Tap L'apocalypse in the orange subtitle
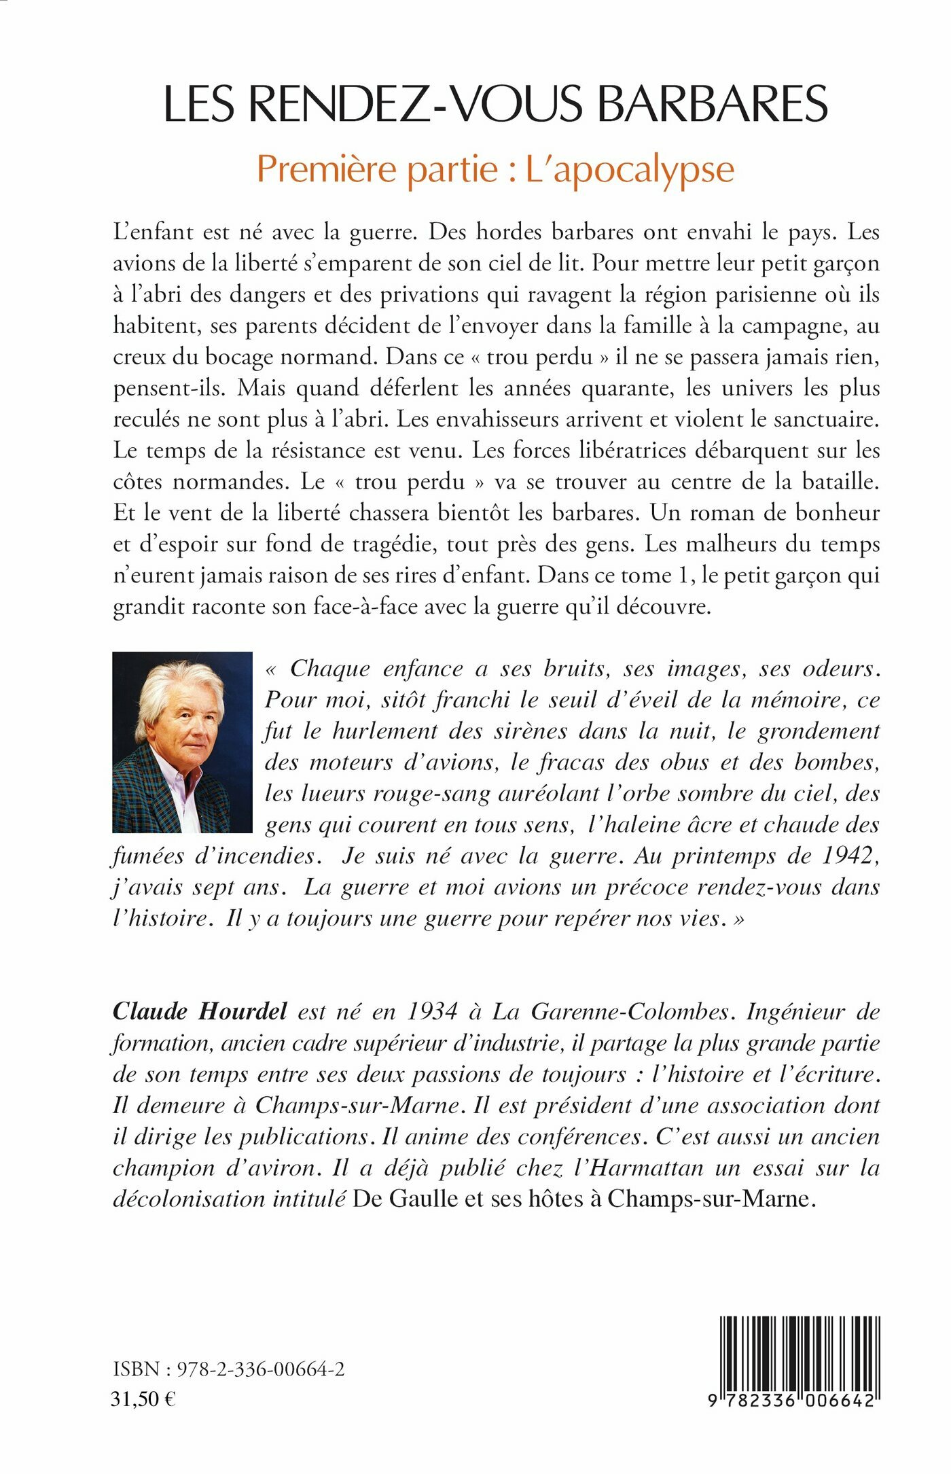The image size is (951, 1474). (x=630, y=169)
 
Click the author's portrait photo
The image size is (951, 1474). (x=182, y=742)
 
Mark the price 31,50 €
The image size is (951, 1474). (x=143, y=1399)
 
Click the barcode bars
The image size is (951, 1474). (x=800, y=1352)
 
